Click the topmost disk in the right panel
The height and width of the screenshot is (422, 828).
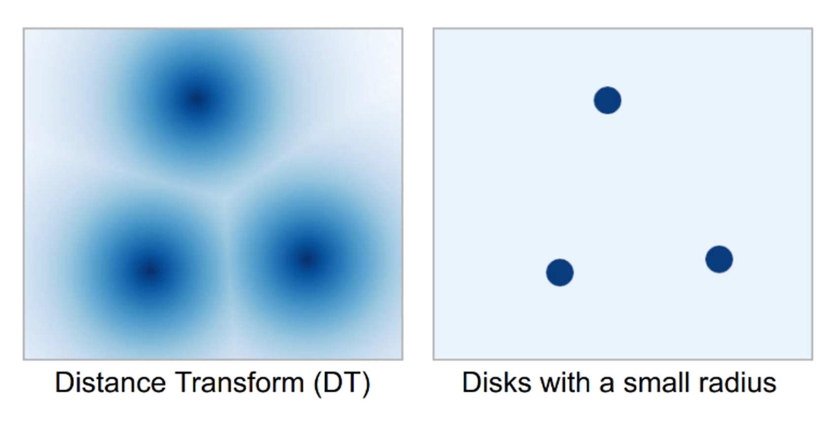[607, 100]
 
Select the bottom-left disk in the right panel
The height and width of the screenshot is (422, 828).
[560, 272]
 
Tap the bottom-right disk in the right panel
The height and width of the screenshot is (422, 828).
[719, 259]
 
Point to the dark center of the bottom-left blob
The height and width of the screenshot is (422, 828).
[150, 271]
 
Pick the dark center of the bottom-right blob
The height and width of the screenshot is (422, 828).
[307, 260]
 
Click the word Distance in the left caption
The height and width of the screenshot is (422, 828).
[110, 383]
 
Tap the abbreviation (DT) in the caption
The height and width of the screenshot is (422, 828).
[342, 385]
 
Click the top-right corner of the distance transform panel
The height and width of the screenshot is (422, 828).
[403, 29]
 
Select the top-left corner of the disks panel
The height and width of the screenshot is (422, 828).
[434, 29]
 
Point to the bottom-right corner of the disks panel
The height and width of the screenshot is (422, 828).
[812, 359]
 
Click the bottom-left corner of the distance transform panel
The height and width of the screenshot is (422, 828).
[24, 359]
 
